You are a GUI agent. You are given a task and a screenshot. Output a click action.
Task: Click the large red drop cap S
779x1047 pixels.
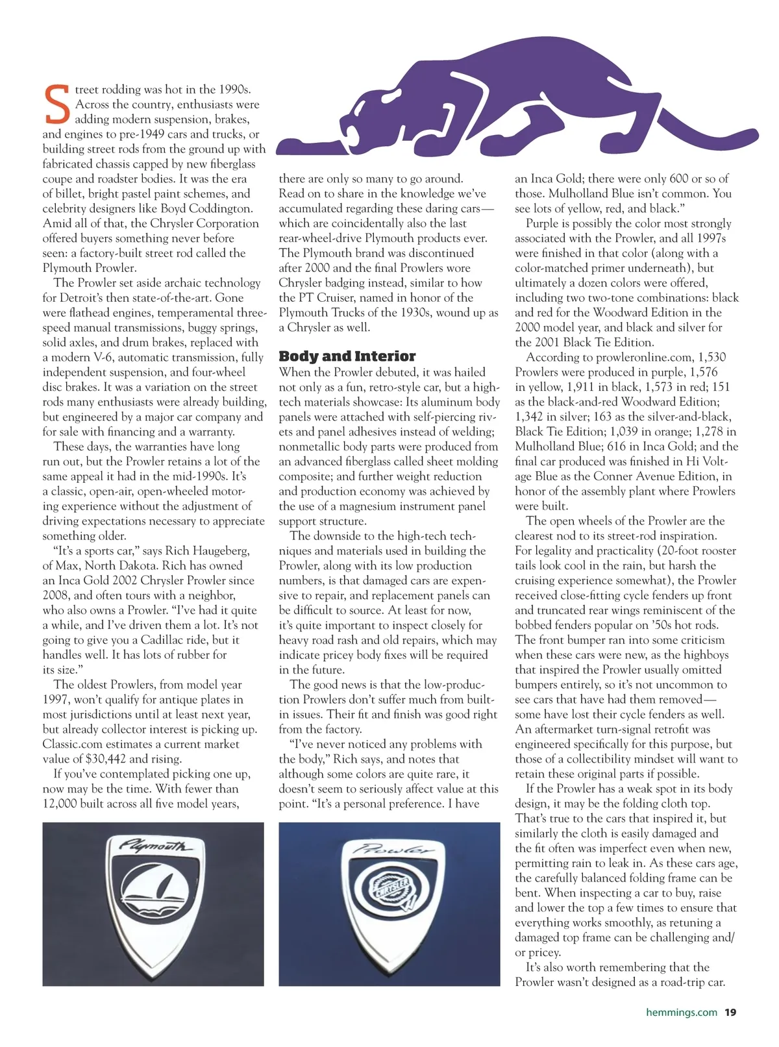(56, 105)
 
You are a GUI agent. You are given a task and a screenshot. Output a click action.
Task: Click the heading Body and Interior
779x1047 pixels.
(347, 356)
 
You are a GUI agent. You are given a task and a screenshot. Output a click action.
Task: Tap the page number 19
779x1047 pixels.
(730, 1012)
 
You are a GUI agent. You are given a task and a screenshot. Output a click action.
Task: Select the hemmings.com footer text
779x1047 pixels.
(682, 1012)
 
